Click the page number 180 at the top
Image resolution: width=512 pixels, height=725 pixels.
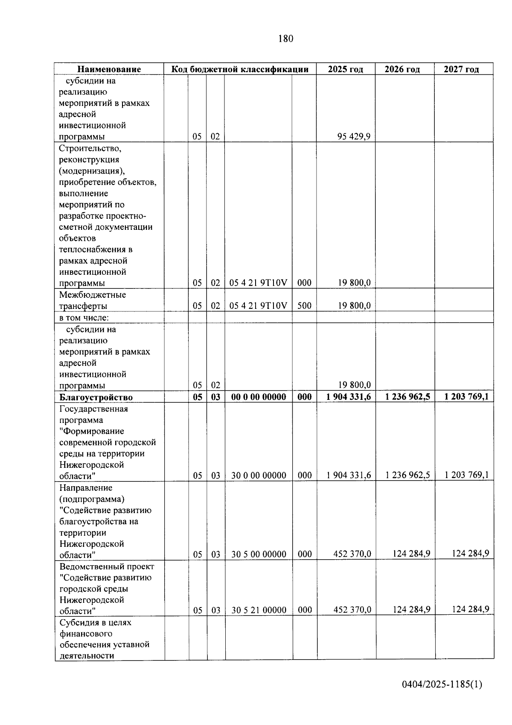point(285,39)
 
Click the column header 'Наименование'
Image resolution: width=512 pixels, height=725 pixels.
point(109,69)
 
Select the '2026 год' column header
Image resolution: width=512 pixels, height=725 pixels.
point(402,69)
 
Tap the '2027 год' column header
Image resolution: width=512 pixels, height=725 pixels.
point(461,69)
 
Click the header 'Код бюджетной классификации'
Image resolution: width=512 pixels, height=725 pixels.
point(240,69)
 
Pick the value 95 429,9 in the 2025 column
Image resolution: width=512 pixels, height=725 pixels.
point(354,137)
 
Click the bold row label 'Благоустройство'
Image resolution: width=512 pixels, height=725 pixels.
point(96,397)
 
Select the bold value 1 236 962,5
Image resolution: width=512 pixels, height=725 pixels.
point(407,397)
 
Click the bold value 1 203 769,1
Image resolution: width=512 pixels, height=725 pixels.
point(466,397)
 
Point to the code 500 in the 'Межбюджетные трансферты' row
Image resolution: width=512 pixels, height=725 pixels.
point(304,306)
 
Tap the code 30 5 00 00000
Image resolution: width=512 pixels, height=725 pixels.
point(259,555)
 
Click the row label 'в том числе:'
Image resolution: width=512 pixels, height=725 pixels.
point(84,318)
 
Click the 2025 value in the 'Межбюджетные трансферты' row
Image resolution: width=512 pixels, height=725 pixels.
point(354,306)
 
